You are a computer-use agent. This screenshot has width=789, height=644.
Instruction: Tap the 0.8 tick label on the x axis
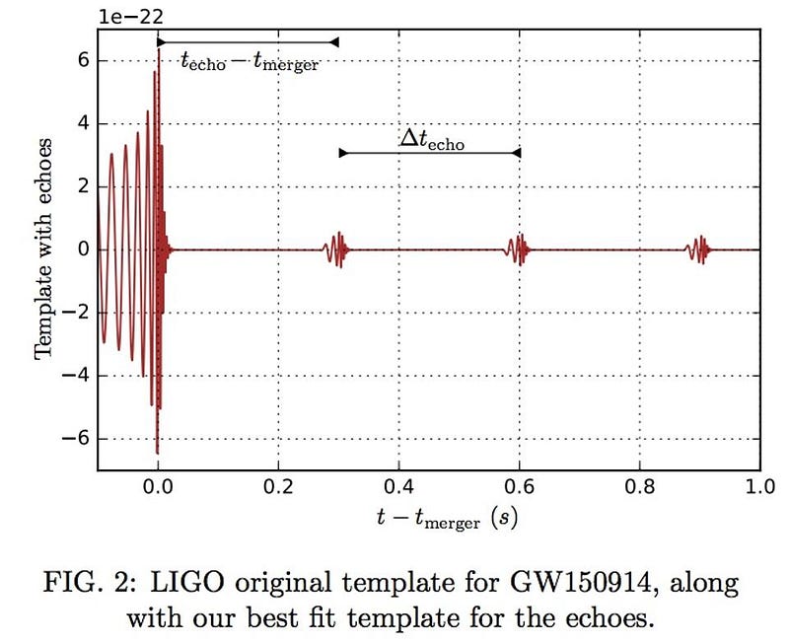pos(640,486)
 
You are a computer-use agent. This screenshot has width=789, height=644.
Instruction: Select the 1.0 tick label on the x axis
pos(759,486)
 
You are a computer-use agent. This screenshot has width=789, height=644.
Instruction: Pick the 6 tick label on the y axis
pos(83,60)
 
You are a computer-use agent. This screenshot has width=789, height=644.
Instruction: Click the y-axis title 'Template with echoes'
pos(42,249)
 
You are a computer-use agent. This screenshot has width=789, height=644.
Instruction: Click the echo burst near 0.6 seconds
pos(519,249)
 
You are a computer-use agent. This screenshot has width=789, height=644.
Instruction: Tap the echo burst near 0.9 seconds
pos(698,249)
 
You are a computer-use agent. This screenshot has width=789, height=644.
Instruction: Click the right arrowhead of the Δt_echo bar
pos(516,153)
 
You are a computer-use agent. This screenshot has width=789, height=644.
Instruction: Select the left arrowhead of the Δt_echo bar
pos(343,153)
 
